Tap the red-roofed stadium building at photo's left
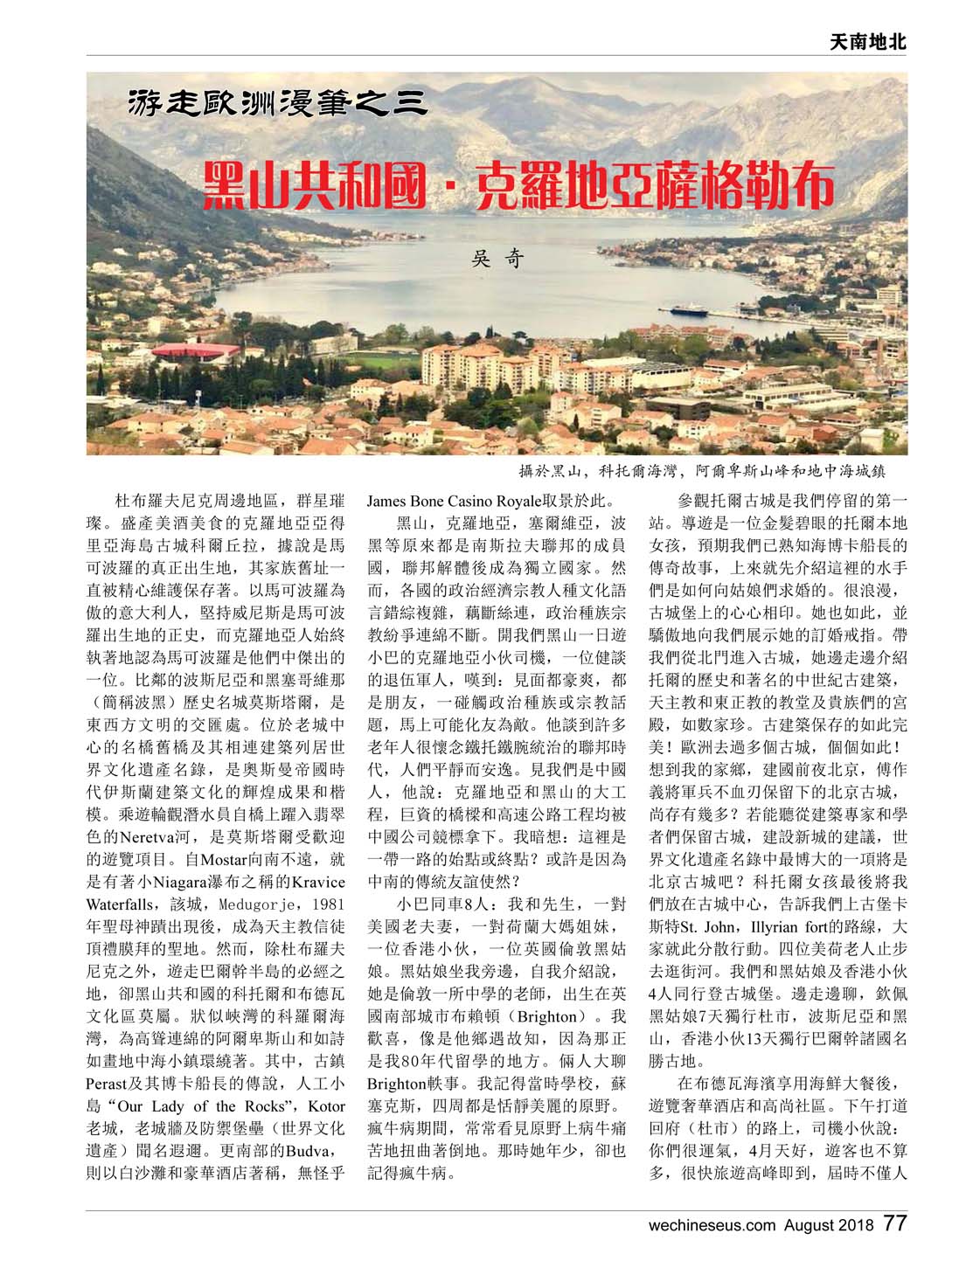197,352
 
